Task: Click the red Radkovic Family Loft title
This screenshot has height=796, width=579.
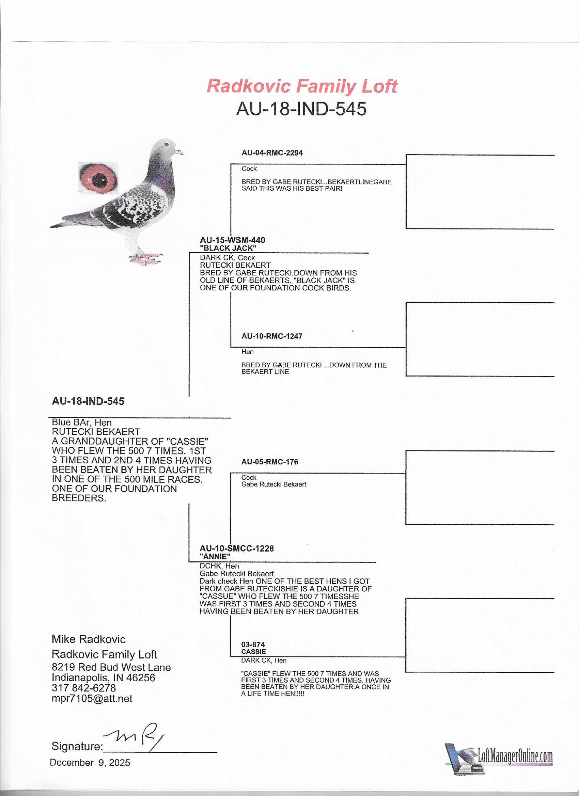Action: [302, 86]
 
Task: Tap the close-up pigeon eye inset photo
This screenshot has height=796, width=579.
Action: [98, 178]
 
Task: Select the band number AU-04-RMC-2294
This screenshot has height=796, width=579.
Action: [272, 153]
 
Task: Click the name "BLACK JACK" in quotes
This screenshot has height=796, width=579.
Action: [228, 248]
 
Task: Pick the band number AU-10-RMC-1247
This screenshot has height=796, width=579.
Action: [272, 336]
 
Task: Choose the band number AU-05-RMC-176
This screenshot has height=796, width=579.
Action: [269, 462]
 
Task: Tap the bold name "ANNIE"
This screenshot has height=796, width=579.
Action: [215, 556]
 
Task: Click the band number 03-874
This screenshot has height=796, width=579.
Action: [253, 644]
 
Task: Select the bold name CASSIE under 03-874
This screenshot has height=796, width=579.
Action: [253, 651]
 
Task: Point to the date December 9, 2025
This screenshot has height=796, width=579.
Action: [90, 762]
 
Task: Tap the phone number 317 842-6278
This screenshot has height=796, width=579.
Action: [83, 687]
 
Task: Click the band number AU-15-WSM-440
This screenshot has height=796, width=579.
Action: [232, 240]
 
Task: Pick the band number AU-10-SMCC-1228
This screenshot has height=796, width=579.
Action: [236, 548]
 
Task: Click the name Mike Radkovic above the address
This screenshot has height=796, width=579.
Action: [89, 639]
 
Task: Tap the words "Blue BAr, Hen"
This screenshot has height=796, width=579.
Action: [81, 422]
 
